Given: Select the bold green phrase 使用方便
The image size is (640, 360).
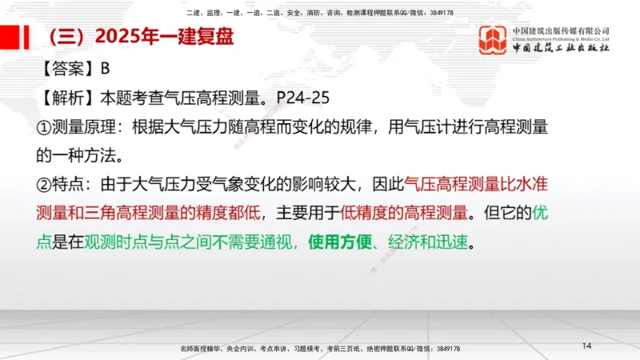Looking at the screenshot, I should point(339,241).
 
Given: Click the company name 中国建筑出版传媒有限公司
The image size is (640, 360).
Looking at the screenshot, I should point(561,30).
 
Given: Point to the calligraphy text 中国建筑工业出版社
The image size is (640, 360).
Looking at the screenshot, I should point(561,47).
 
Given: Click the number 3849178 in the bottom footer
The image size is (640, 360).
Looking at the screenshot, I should point(443,349).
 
